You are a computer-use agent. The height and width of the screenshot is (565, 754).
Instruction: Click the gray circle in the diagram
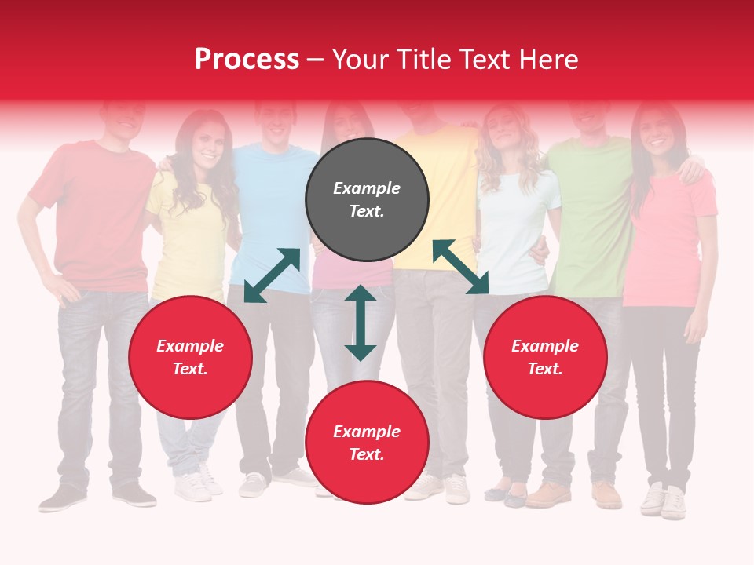367,200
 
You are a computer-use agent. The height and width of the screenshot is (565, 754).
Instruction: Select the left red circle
190,358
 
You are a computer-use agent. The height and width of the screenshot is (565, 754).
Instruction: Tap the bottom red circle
367,443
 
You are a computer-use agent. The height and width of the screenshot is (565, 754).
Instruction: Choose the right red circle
545,358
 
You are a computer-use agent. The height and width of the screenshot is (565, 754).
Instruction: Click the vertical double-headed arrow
361,323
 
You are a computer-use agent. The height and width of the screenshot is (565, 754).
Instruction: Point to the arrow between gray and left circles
272,275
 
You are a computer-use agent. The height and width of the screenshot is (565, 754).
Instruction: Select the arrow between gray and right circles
460,267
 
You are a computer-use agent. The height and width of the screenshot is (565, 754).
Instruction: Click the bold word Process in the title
247,59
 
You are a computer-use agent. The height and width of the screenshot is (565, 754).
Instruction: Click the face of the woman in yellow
206,141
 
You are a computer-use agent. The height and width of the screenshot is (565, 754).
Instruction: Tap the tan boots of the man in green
577,494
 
